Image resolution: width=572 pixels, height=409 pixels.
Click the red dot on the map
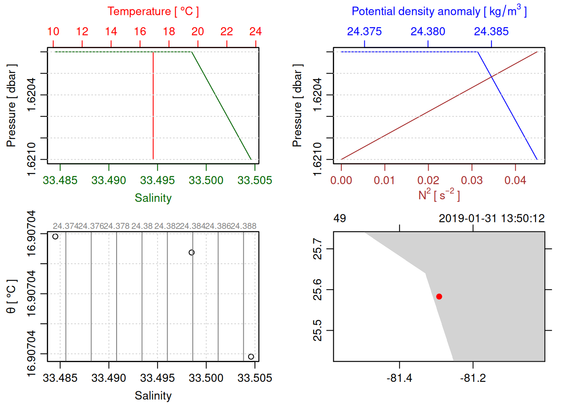pyautogui.click(x=439, y=297)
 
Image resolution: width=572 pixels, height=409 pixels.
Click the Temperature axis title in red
pyautogui.click(x=153, y=12)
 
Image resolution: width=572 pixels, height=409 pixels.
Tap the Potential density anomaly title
pyautogui.click(x=439, y=12)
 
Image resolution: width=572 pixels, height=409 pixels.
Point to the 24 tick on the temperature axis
pyautogui.click(x=255, y=32)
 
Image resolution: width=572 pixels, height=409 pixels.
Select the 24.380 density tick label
pyautogui.click(x=428, y=32)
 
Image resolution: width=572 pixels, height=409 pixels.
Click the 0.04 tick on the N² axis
pyautogui.click(x=515, y=180)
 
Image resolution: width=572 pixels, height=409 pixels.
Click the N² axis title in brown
pyautogui.click(x=439, y=195)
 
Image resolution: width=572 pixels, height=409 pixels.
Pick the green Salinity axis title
pyautogui.click(x=153, y=198)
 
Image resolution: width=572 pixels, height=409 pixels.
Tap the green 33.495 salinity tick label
pyautogui.click(x=157, y=180)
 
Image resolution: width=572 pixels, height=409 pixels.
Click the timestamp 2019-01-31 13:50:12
pyautogui.click(x=492, y=219)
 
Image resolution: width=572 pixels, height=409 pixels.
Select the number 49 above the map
pyautogui.click(x=340, y=219)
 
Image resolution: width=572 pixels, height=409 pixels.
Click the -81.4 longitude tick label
pyautogui.click(x=399, y=378)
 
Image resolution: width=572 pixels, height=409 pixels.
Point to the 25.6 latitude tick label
pyautogui.click(x=317, y=290)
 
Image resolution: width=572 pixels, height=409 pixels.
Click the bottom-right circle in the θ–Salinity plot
pyautogui.click(x=251, y=357)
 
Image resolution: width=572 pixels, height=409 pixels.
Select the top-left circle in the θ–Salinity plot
pyautogui.click(x=55, y=236)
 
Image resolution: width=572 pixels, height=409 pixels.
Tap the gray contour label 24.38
pyautogui.click(x=142, y=226)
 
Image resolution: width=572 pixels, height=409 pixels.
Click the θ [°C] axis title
pyautogui.click(x=11, y=296)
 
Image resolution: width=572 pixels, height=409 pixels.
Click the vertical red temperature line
pyautogui.click(x=153, y=107)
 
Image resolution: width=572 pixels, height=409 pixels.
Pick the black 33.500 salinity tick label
pyautogui.click(x=206, y=378)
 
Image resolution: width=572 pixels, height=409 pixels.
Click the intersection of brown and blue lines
pyautogui.click(x=492, y=77)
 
